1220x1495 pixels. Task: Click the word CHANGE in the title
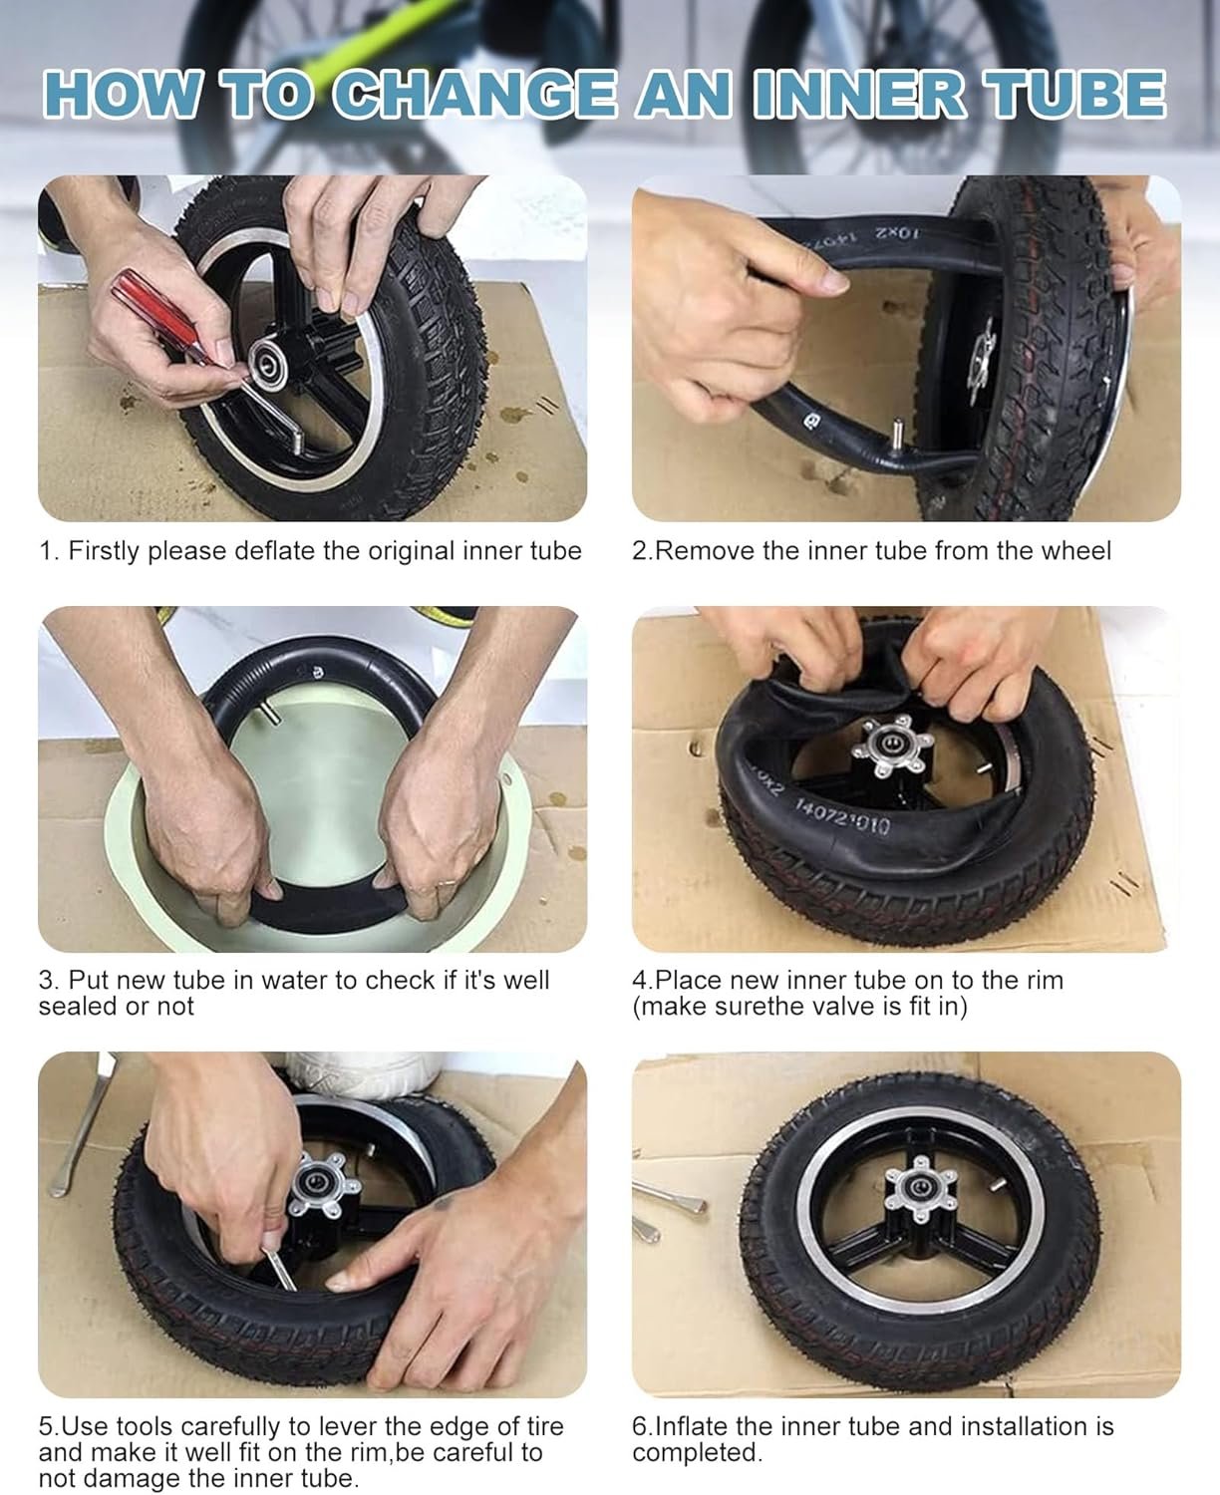pyautogui.click(x=473, y=95)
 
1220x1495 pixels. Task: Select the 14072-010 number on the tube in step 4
pyautogui.click(x=841, y=816)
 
